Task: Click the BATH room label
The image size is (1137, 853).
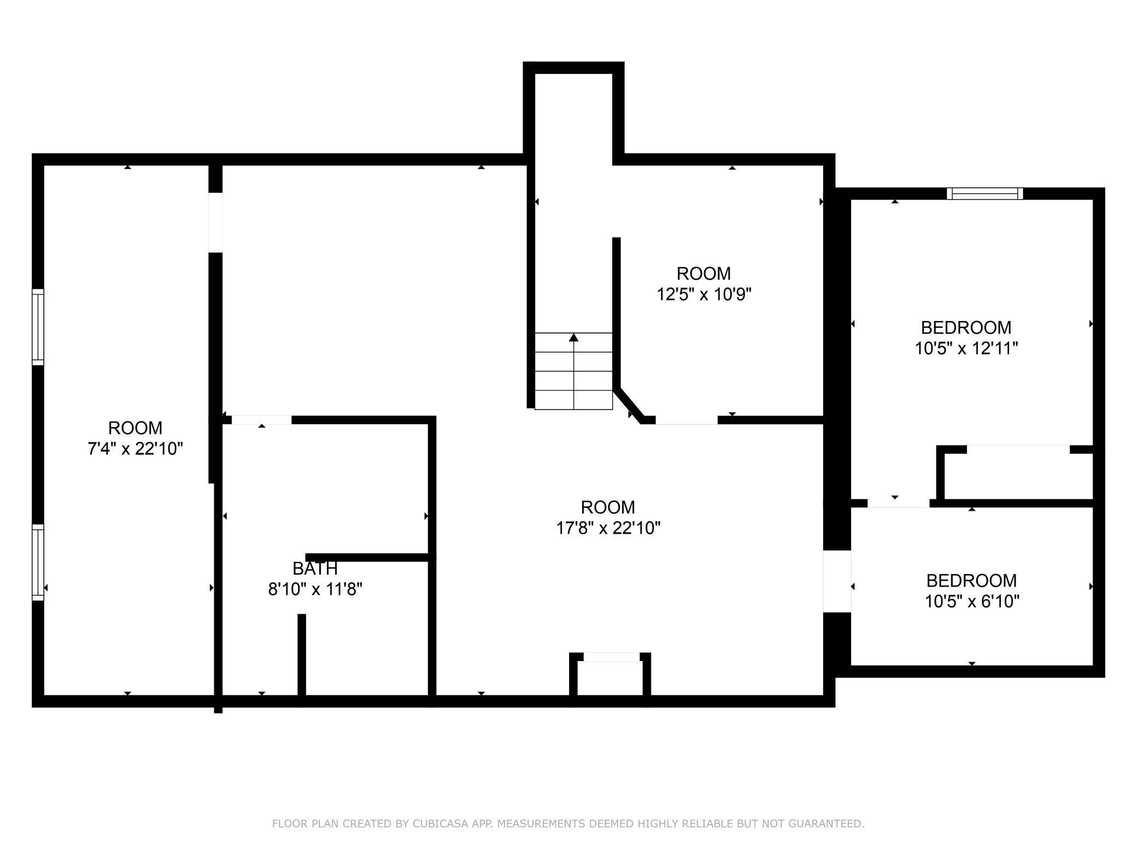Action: pos(315,569)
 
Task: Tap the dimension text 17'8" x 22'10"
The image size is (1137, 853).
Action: pos(608,528)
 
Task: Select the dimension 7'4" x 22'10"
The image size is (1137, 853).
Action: pos(135,448)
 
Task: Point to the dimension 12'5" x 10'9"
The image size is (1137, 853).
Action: pos(704,294)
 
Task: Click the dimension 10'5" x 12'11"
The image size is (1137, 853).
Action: pos(966,348)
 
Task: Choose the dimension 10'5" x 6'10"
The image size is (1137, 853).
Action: pos(972,601)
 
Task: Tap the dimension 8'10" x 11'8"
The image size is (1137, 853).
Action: pos(315,589)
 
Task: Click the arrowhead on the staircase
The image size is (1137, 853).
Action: pos(573,337)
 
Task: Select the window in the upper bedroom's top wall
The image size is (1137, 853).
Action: pos(985,194)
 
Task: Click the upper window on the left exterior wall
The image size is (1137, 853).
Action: pos(38,327)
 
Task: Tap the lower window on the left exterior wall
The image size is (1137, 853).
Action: pos(38,563)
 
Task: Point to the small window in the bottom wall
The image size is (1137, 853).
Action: pos(611,657)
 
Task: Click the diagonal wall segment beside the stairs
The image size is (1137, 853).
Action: pos(629,403)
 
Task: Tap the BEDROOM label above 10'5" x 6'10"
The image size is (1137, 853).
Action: pos(971,580)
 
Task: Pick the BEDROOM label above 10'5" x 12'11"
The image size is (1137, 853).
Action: pos(966,328)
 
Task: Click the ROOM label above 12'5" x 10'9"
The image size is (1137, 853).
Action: pos(704,273)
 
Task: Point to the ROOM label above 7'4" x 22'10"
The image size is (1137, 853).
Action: pos(135,428)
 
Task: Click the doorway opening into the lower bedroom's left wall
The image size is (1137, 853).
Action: pos(837,581)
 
